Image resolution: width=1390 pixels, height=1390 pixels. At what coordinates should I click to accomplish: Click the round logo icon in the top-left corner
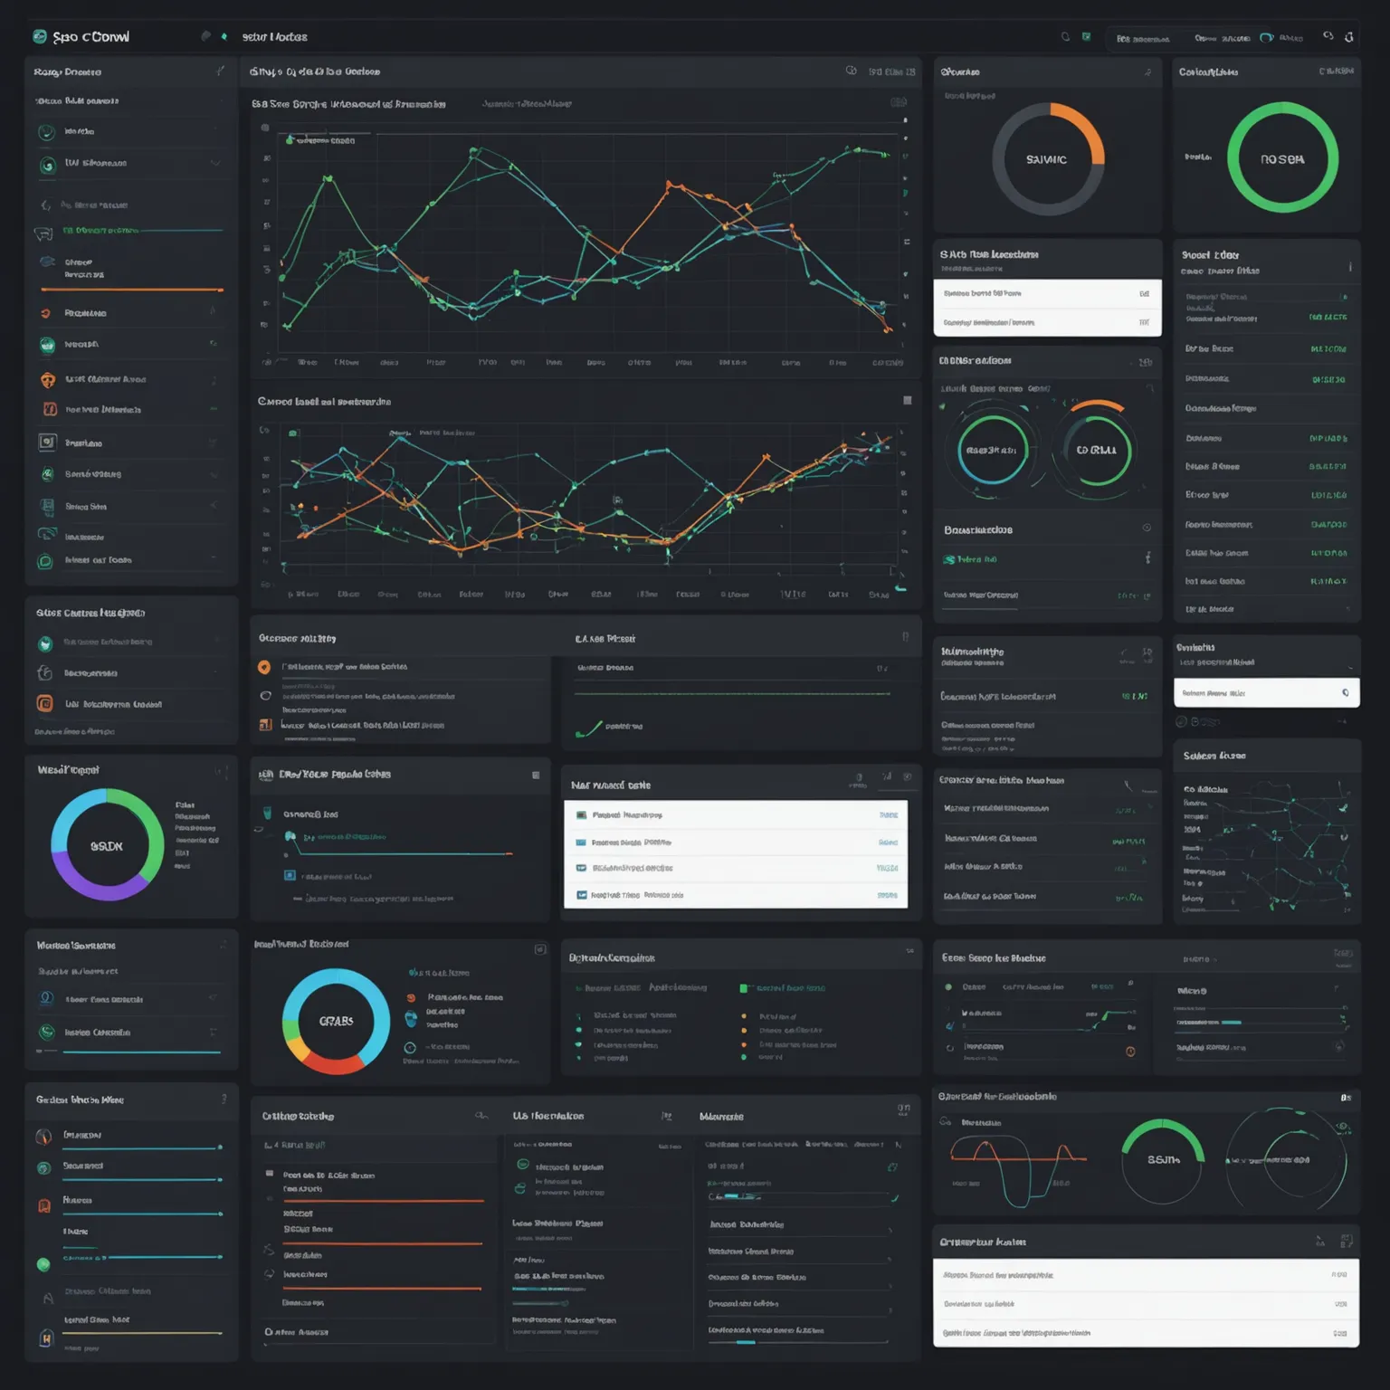point(40,36)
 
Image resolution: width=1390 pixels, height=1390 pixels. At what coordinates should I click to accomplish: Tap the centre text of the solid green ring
point(1282,159)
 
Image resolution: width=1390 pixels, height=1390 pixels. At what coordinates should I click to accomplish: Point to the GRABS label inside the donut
point(336,1021)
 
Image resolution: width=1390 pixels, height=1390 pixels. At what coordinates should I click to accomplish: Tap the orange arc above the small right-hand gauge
point(1098,405)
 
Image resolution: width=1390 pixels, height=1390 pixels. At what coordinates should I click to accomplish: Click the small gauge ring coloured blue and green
point(993,450)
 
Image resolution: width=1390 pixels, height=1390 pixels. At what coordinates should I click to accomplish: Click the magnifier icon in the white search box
point(1346,693)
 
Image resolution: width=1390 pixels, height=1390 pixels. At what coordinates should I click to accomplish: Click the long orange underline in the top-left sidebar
point(132,290)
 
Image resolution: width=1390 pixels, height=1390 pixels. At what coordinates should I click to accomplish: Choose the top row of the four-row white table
point(736,814)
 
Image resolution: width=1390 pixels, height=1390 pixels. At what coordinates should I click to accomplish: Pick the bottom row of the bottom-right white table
point(1146,1333)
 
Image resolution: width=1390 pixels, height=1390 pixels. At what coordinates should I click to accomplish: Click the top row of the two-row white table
point(1047,293)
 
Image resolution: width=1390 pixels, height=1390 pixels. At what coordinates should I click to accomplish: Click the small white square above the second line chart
point(908,400)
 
